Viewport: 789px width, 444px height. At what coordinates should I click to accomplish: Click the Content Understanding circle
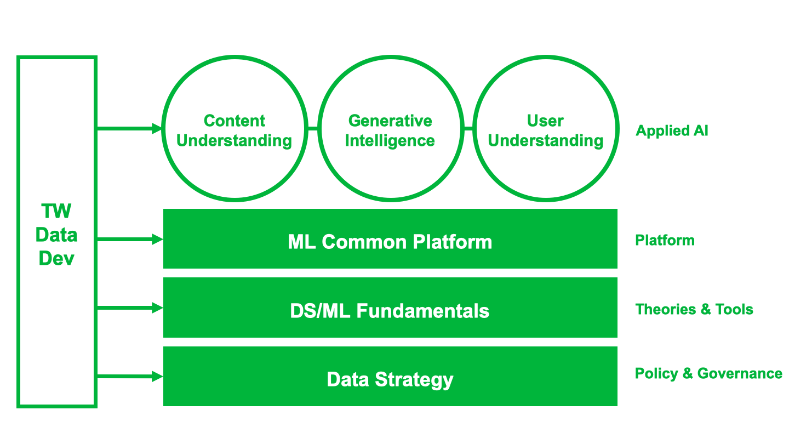(235, 56)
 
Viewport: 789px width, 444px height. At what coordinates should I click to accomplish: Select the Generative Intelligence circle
(391, 56)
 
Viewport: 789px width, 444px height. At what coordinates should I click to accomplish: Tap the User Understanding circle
(546, 56)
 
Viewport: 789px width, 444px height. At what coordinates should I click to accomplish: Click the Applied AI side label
(672, 130)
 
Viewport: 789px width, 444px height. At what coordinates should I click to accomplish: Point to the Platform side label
(665, 240)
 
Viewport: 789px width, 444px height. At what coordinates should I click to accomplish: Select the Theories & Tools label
(694, 309)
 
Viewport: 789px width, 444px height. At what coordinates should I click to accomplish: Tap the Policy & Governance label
(708, 374)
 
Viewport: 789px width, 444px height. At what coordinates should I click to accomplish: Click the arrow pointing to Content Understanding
(129, 128)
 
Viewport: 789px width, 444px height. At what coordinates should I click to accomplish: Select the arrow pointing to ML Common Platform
(130, 239)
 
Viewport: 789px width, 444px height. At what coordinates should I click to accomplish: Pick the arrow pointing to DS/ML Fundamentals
(130, 308)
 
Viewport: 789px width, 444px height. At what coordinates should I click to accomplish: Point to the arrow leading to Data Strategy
(130, 377)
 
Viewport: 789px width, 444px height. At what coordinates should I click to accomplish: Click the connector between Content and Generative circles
(313, 128)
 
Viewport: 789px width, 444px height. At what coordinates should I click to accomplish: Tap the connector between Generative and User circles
(468, 128)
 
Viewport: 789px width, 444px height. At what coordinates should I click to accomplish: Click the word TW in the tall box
(56, 211)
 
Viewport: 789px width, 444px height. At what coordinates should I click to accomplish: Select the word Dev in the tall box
(56, 258)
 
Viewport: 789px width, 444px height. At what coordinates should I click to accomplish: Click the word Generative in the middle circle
(390, 121)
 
